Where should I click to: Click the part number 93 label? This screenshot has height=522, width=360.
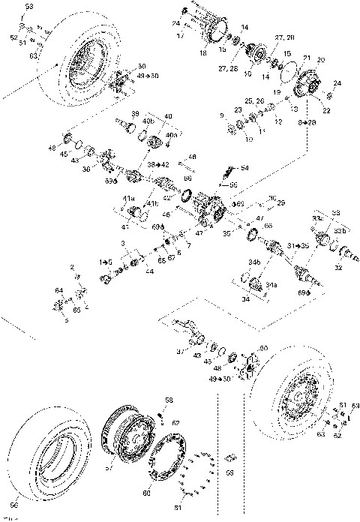pyautogui.click(x=29, y=6)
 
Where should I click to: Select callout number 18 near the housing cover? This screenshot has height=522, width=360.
pyautogui.click(x=202, y=54)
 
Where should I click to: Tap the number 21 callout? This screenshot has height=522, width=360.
pyautogui.click(x=306, y=58)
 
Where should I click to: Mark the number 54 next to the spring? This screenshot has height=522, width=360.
pyautogui.click(x=244, y=168)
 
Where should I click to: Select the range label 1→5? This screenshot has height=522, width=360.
pyautogui.click(x=106, y=260)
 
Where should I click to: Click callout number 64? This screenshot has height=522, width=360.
pyautogui.click(x=58, y=289)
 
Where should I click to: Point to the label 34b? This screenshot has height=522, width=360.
pyautogui.click(x=253, y=262)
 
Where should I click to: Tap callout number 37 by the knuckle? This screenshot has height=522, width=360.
pyautogui.click(x=179, y=351)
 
